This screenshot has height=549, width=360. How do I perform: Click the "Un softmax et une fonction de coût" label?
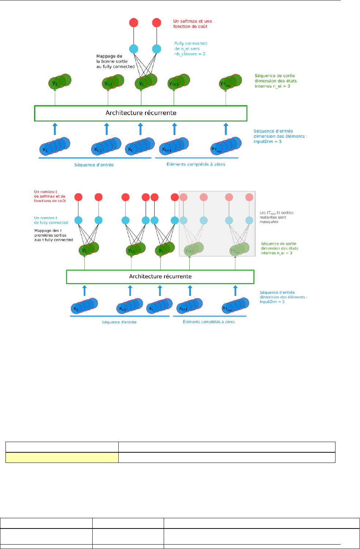pyautogui.click(x=192, y=24)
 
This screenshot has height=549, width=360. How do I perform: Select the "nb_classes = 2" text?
pyautogui.click(x=190, y=54)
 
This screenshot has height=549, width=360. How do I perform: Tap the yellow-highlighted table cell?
pyautogui.click(x=62, y=457)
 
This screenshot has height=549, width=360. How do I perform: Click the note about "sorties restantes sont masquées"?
pyautogui.click(x=276, y=217)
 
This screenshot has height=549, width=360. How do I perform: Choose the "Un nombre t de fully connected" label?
pyautogui.click(x=51, y=220)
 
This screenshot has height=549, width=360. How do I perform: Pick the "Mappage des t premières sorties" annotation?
pyautogui.click(x=53, y=235)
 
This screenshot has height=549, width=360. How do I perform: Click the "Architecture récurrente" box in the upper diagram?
pyautogui.click(x=141, y=113)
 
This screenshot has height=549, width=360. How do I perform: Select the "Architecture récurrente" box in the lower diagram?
pyautogui.click(x=160, y=277)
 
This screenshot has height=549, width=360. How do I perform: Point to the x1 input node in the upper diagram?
pyautogui.click(x=45, y=149)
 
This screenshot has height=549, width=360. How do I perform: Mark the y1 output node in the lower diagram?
pyautogui.click(x=85, y=251)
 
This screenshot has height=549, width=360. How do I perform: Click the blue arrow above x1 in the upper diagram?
pyautogui.click(x=55, y=129)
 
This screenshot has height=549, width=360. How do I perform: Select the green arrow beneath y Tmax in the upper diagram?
pyautogui.click(x=226, y=97)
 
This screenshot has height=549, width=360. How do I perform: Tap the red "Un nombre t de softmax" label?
pyautogui.click(x=50, y=196)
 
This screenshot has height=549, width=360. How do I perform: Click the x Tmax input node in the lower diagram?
pyautogui.click(x=227, y=309)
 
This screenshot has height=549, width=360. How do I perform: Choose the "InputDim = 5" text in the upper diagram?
pyautogui.click(x=267, y=142)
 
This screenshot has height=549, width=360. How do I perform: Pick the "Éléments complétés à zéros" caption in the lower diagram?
pyautogui.click(x=209, y=322)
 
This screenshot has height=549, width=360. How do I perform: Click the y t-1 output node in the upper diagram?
pyautogui.click(x=108, y=84)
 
